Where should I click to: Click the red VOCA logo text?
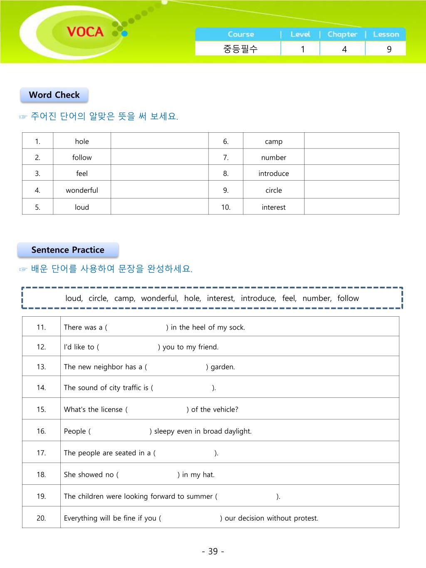coord(85,32)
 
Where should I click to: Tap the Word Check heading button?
coord(54,95)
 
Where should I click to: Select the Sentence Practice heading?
coord(68,250)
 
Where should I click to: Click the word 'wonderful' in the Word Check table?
coord(82,190)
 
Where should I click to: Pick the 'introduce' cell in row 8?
coord(273,174)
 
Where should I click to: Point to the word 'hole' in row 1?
coord(82,141)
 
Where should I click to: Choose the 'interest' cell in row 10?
coord(273,207)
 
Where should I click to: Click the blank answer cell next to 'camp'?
coord(352,141)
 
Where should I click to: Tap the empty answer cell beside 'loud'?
coord(159,207)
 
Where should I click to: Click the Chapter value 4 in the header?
coord(344,49)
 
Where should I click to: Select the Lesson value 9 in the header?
coord(389,49)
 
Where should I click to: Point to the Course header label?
coord(240,34)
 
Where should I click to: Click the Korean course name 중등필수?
coord(240,49)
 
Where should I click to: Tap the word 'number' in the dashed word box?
coord(317,298)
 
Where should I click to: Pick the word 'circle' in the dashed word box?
coord(98,298)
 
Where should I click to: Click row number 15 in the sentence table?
coord(41,409)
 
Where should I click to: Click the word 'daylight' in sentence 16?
coord(238,432)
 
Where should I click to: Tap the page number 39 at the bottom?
coord(213,551)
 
